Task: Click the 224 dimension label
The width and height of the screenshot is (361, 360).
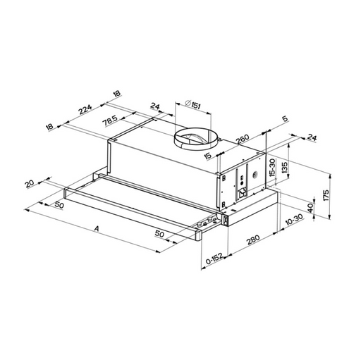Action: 85,109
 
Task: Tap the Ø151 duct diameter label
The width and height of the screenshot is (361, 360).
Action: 192,104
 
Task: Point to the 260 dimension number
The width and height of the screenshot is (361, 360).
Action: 243,139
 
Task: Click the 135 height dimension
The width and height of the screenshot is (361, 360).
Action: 284,168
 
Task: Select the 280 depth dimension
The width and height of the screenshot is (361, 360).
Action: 253,239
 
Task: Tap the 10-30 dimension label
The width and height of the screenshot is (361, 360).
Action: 294,220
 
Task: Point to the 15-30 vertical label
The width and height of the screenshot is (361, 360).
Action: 272,168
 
